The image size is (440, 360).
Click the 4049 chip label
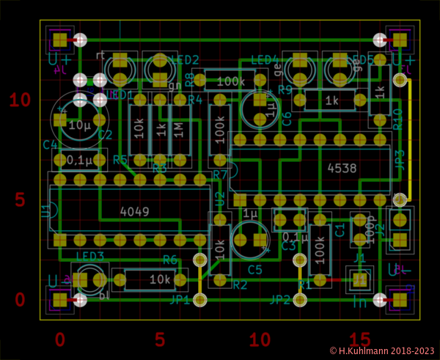(x=134, y=211)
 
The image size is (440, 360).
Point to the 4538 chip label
(x=342, y=168)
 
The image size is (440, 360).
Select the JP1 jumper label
(x=180, y=300)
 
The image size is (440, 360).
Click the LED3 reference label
(x=89, y=255)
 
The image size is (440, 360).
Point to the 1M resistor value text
(x=179, y=127)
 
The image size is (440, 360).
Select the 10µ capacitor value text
(x=78, y=125)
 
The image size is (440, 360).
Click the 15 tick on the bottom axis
(x=359, y=339)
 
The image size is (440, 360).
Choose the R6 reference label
(x=170, y=260)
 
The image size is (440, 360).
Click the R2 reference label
(x=240, y=284)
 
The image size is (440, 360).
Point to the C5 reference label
(x=255, y=270)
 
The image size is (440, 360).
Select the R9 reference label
(x=285, y=90)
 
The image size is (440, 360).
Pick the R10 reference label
(x=397, y=120)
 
